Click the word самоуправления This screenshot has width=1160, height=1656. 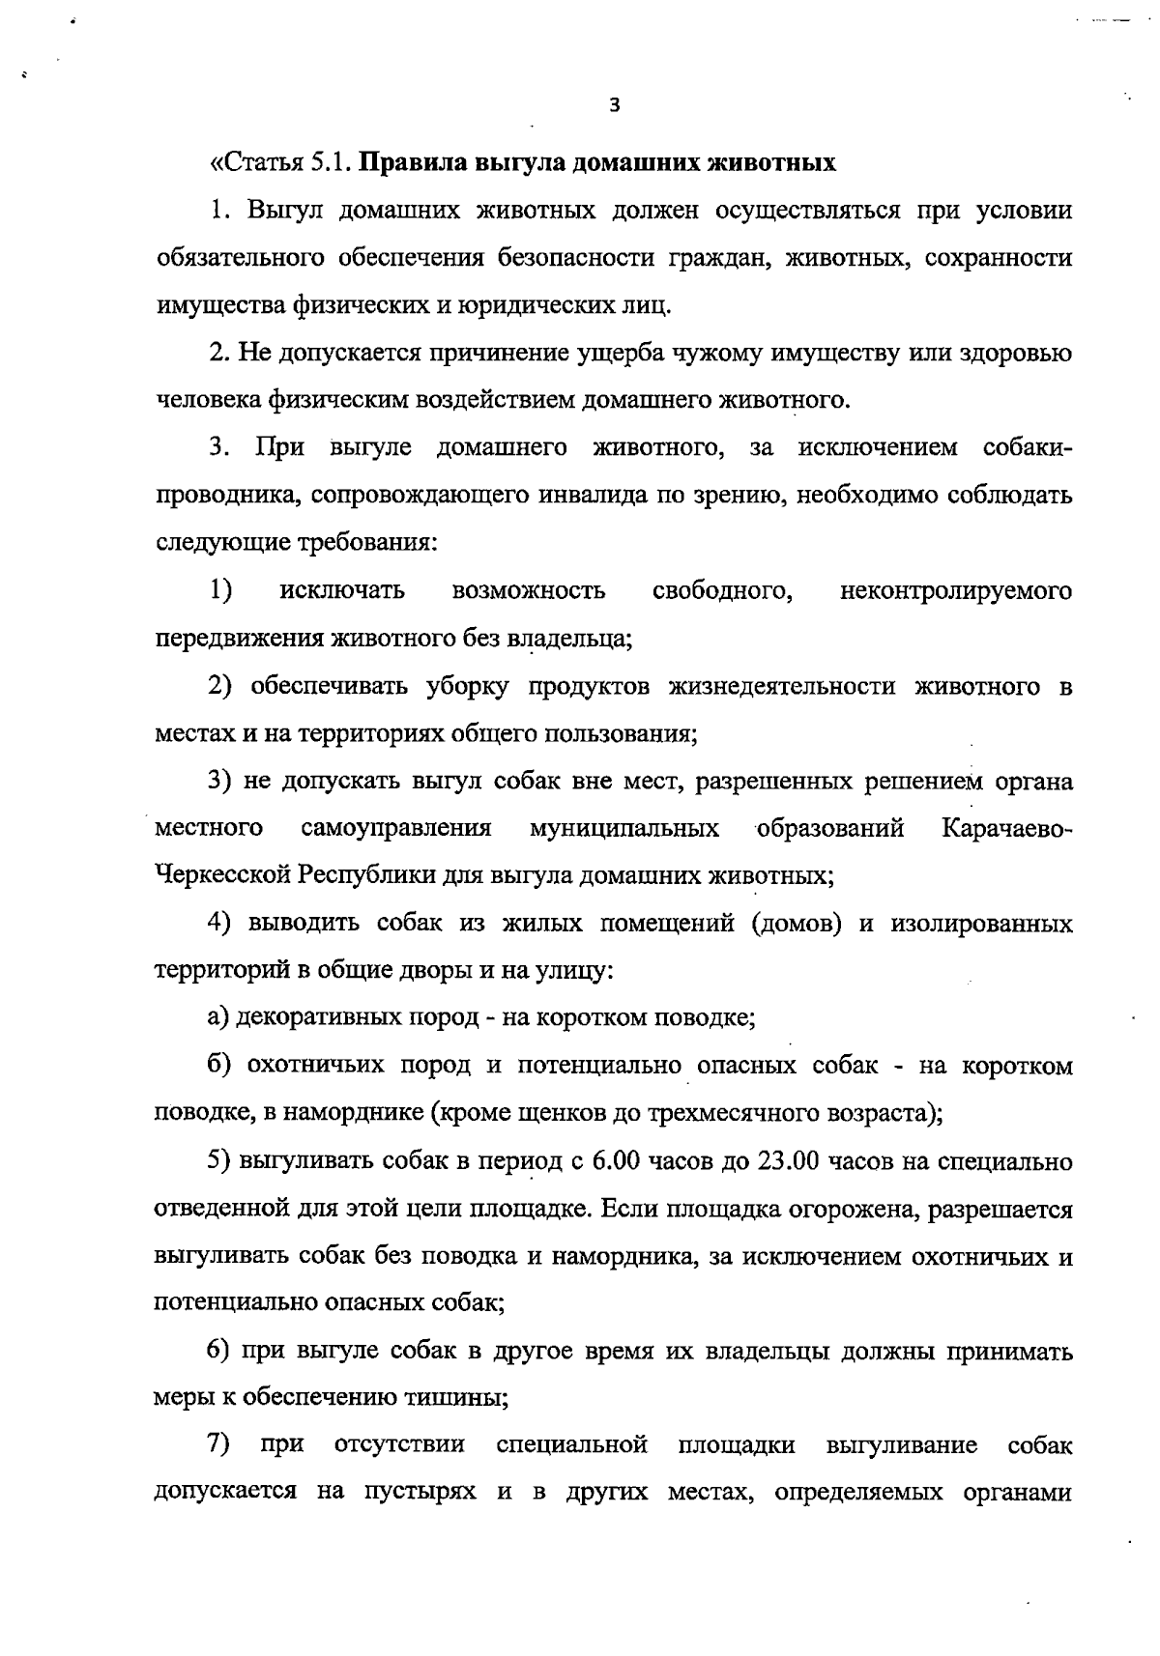(x=396, y=828)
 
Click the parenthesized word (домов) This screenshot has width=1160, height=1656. (x=797, y=923)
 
